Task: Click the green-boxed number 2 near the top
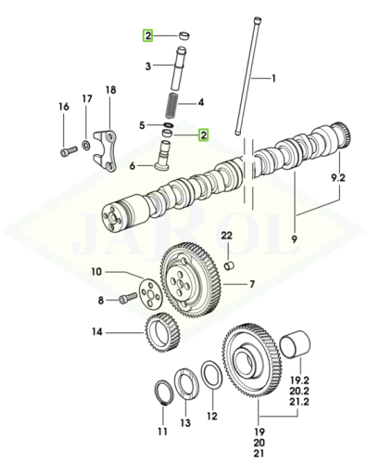[147, 36]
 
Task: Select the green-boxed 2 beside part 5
[203, 135]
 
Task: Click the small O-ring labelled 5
[169, 125]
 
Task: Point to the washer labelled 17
[85, 144]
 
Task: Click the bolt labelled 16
[69, 150]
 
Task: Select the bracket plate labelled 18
[105, 150]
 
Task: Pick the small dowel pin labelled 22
[230, 265]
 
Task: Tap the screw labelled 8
[128, 297]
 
